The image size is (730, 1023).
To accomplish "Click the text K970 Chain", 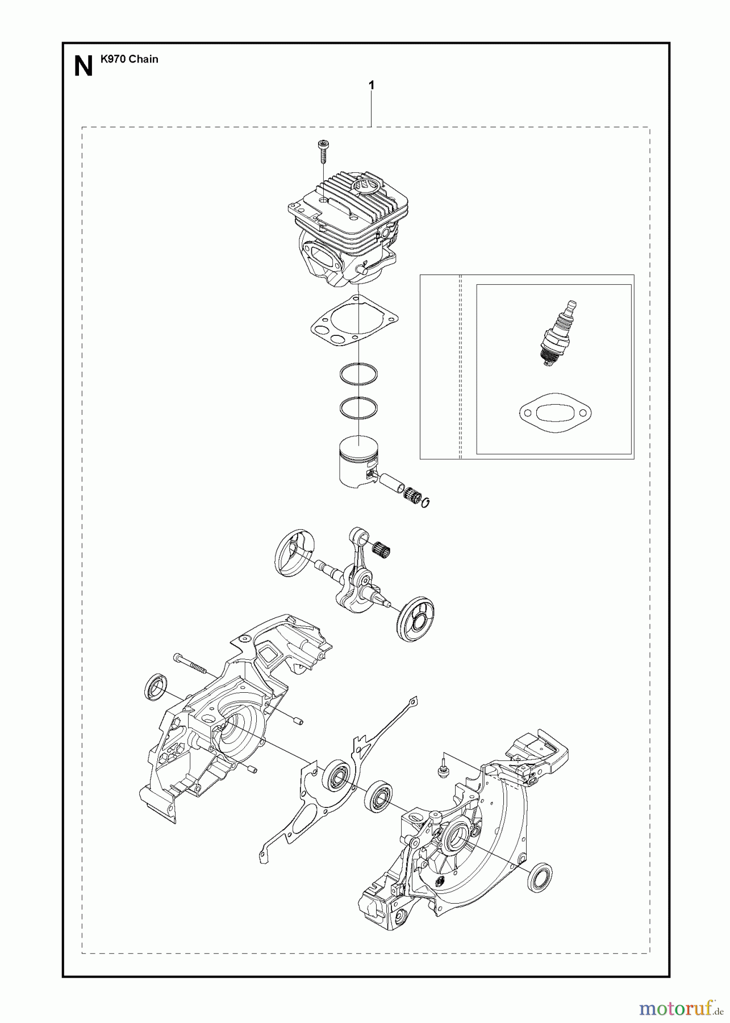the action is (129, 59).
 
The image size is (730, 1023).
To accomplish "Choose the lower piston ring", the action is (358, 407).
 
